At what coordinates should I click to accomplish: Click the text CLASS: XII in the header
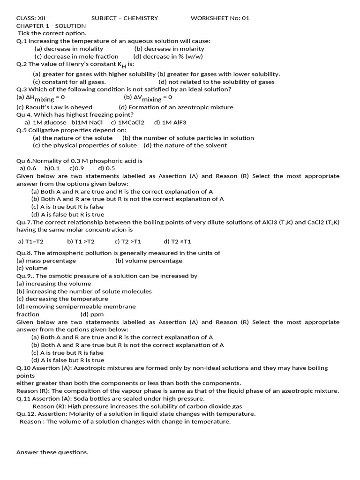31,18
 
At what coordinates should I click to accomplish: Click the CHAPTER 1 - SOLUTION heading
51,26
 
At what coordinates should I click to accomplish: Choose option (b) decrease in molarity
169,49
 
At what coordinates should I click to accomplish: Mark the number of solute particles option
188,138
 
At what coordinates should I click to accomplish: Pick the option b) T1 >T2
81,241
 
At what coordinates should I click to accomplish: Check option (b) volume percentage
149,261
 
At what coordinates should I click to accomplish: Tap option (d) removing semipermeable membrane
76,307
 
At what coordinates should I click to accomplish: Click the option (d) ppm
92,314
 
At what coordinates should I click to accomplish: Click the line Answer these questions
52,452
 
